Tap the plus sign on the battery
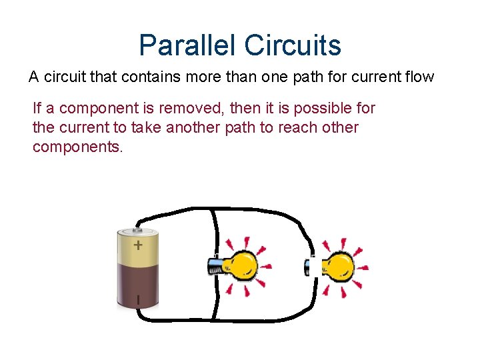pos(137,245)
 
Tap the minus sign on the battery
pos(138,300)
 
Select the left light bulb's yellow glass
pos(242,266)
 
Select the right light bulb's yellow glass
pos(339,267)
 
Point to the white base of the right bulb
pos(313,267)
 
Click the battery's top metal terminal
pos(138,225)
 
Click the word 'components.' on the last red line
pos(78,147)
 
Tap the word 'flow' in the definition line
pos(419,77)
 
